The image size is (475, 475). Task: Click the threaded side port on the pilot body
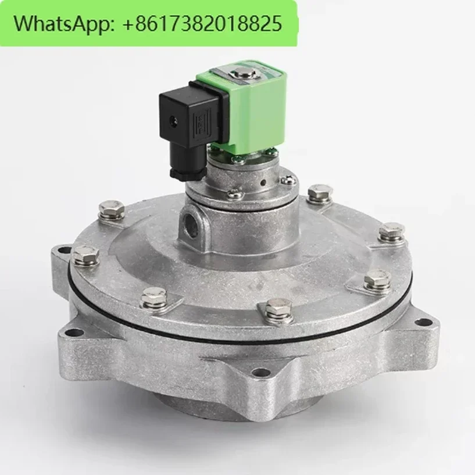pyautogui.click(x=193, y=221)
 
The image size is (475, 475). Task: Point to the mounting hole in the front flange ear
pyautogui.click(x=262, y=372)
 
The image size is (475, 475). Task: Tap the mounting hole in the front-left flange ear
pyautogui.click(x=74, y=333)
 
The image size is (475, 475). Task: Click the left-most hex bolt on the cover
pyautogui.click(x=85, y=255)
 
